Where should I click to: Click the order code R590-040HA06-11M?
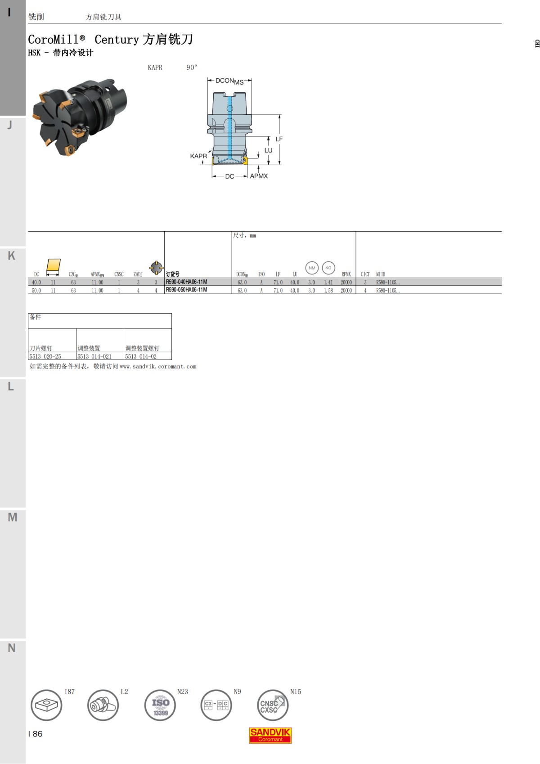point(186,282)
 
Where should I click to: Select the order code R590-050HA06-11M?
point(186,290)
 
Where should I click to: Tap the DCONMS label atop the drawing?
point(229,81)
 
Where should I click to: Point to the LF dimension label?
point(279,139)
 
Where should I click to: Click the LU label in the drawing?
point(268,150)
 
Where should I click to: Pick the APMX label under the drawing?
point(259,176)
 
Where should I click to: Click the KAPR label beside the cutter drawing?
point(198,156)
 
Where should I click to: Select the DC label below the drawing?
point(229,176)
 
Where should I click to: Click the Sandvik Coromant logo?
point(270,735)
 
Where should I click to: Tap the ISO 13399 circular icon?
point(160,705)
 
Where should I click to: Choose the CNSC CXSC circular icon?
point(272,705)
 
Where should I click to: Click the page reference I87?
point(69,692)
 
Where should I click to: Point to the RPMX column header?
point(346,274)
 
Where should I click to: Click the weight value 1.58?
point(328,291)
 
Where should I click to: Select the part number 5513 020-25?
point(45,356)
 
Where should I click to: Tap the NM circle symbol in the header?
point(312,268)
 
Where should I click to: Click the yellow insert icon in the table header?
point(53,265)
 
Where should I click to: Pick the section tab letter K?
point(12,256)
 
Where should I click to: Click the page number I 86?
point(35,733)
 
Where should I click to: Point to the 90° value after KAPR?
point(192,67)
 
